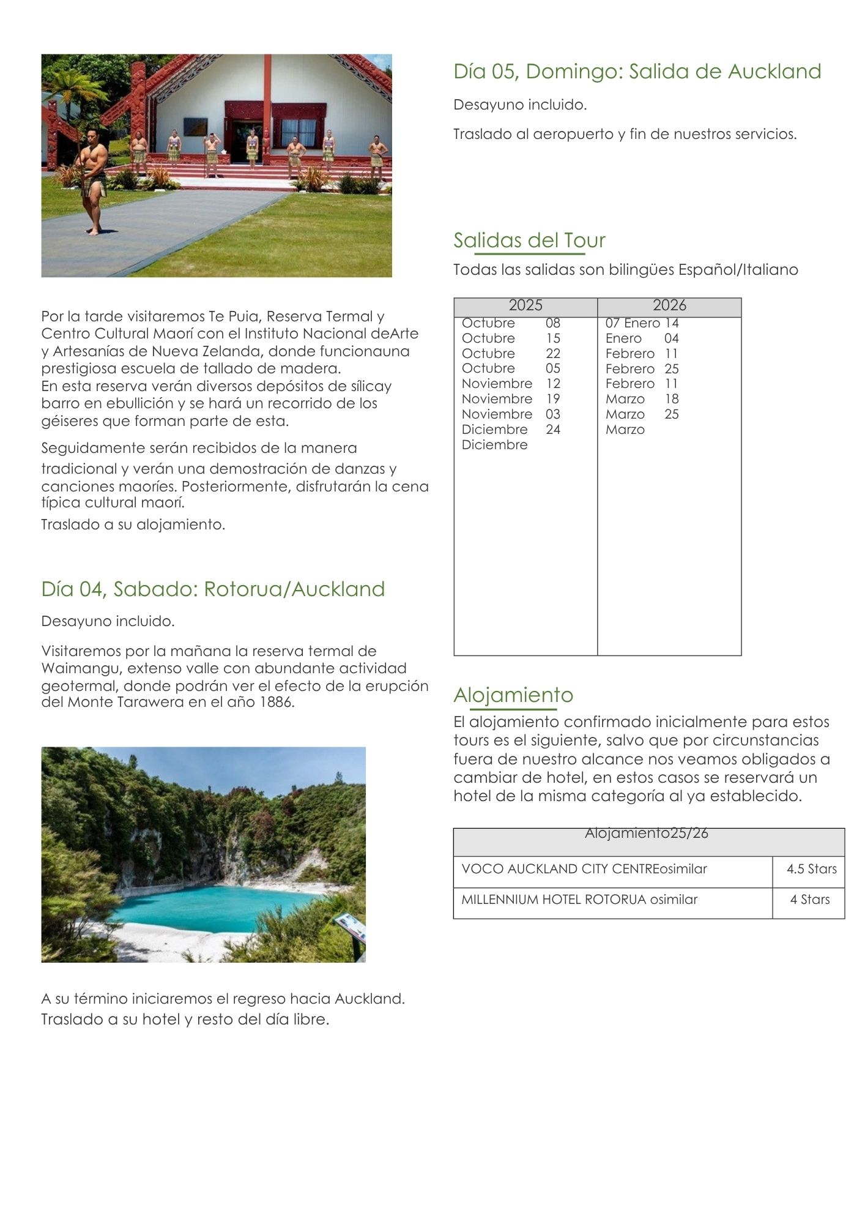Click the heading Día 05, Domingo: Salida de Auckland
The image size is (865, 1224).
pyautogui.click(x=637, y=72)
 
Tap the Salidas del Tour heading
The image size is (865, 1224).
pyautogui.click(x=529, y=240)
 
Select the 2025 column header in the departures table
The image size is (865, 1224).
pyautogui.click(x=525, y=305)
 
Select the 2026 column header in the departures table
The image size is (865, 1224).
pyautogui.click(x=669, y=305)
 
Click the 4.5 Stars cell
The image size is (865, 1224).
pyautogui.click(x=811, y=869)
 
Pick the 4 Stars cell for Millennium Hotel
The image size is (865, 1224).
pyautogui.click(x=809, y=900)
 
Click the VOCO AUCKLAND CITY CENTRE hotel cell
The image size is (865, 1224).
pyautogui.click(x=584, y=869)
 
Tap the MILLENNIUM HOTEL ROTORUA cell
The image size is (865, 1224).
pyautogui.click(x=579, y=900)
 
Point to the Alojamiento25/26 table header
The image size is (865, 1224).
pyautogui.click(x=646, y=833)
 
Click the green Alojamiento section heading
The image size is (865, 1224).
pyautogui.click(x=513, y=695)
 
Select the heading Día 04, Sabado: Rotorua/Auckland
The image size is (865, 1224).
pyautogui.click(x=213, y=589)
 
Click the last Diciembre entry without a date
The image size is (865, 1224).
pyautogui.click(x=494, y=445)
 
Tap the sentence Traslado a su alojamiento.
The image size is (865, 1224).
pyautogui.click(x=133, y=524)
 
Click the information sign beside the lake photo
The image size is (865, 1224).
pyautogui.click(x=351, y=927)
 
